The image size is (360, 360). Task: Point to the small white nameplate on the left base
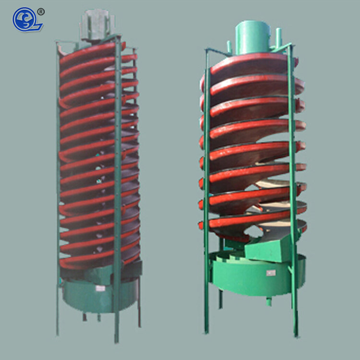[100, 288]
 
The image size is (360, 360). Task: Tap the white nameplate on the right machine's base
[271, 273]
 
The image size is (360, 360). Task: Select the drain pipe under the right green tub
[269, 301]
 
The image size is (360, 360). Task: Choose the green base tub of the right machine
[254, 276]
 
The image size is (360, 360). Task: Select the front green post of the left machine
[117, 192]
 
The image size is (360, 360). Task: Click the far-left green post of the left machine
[58, 192]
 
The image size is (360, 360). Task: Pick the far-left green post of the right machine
[207, 192]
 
